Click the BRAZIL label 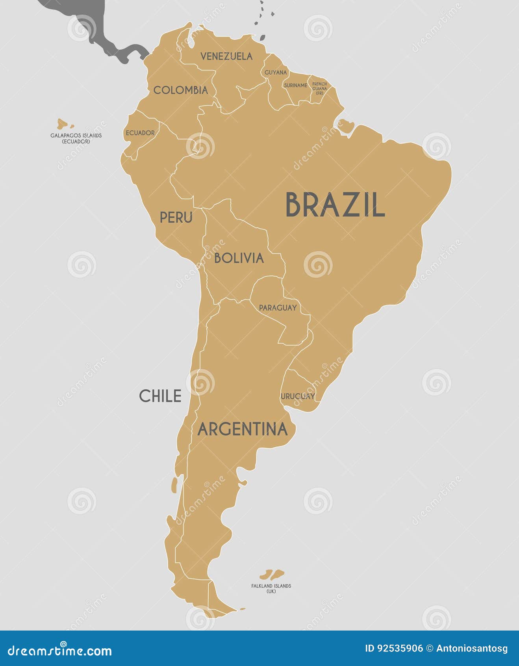pos(335,205)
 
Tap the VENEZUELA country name pos(226,56)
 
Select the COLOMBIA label pos(180,90)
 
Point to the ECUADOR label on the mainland pos(140,133)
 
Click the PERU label pos(176,217)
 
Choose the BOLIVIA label pos(239,258)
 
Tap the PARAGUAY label pos(278,307)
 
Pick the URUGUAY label pos(298,396)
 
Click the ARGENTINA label pos(242,429)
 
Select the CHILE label pos(160,396)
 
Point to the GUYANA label pos(276,73)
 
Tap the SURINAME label pos(295,85)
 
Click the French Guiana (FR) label pos(319,88)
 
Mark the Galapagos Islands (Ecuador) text pos(76,138)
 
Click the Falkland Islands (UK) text pos(271,588)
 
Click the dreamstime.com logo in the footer pos(60,650)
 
